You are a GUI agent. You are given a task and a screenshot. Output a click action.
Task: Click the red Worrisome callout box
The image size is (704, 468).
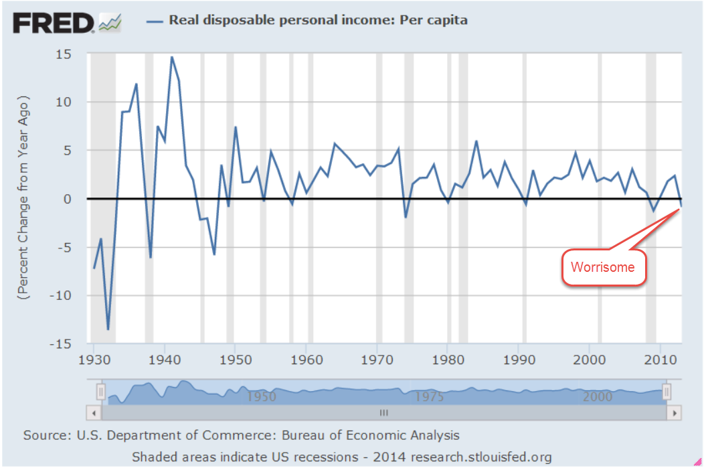coord(604,268)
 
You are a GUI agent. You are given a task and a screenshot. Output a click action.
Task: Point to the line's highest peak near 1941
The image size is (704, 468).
coord(172,57)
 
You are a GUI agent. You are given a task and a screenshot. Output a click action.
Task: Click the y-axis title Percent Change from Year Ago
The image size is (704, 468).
coord(25,198)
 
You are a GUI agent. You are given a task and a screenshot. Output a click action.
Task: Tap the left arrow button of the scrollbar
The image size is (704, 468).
coord(93,412)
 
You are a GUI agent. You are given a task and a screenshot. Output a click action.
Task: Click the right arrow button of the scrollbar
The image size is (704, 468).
coord(675,412)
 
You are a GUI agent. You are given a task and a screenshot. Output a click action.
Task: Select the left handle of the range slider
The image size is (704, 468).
coord(101,391)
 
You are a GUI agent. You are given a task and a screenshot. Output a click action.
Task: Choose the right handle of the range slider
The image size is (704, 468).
coord(667,391)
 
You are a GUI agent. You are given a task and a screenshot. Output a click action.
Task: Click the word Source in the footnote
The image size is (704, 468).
coord(44,435)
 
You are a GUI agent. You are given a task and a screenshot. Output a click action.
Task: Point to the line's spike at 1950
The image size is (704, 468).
coord(236,127)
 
